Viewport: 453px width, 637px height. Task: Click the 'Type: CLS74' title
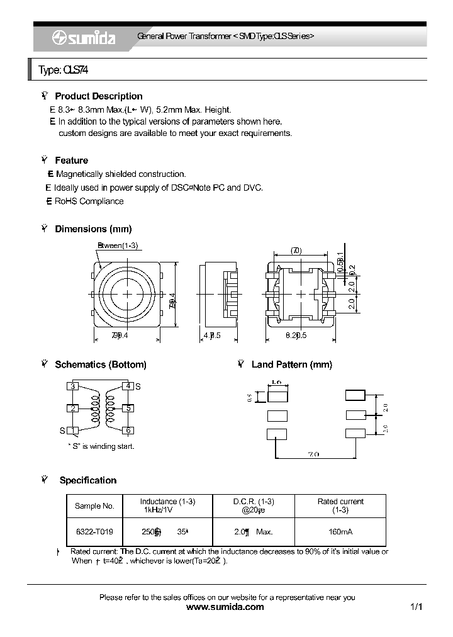tap(63, 70)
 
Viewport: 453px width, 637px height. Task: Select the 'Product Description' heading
tap(98, 96)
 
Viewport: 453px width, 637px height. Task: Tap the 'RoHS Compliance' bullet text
tap(89, 201)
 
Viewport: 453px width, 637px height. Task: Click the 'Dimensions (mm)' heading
tap(93, 229)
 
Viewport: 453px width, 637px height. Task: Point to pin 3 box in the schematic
tap(74, 386)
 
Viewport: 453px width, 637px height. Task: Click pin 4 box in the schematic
tap(128, 386)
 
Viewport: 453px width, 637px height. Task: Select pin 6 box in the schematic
tap(128, 431)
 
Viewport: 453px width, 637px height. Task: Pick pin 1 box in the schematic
tap(74, 431)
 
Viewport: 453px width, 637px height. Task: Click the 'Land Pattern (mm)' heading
tap(291, 364)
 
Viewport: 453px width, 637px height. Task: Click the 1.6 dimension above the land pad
tap(277, 382)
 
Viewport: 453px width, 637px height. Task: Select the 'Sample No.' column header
tap(94, 506)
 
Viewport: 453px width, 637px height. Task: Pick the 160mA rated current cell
tap(340, 532)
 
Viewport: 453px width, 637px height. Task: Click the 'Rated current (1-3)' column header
tap(340, 506)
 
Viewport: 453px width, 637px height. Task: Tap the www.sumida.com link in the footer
tap(226, 607)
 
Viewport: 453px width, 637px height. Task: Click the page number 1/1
tap(416, 607)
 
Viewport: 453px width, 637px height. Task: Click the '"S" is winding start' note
tap(101, 446)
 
